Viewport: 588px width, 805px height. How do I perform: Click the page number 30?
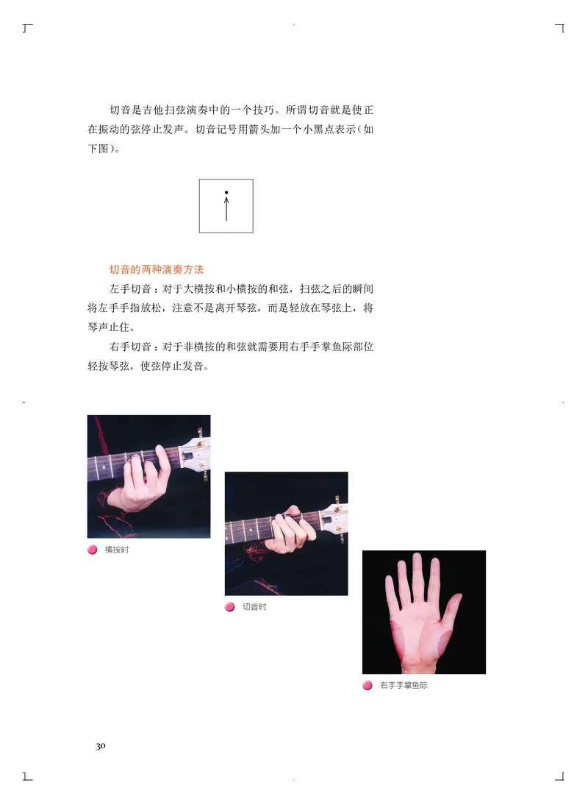click(x=101, y=746)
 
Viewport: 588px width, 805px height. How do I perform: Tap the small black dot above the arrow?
click(x=226, y=193)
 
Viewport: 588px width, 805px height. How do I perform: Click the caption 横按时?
click(x=116, y=550)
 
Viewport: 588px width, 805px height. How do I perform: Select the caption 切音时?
click(x=254, y=607)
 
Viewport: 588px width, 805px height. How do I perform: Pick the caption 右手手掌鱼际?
click(x=404, y=685)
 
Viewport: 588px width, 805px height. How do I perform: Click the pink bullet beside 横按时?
click(x=92, y=550)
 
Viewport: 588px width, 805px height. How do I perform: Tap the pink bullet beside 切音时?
click(x=229, y=607)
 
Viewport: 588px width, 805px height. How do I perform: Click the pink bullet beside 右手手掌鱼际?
click(x=367, y=685)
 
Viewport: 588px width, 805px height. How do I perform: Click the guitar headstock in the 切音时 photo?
click(x=334, y=516)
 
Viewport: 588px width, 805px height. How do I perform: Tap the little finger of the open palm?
click(x=389, y=592)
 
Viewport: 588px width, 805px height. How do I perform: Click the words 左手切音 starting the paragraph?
click(x=129, y=289)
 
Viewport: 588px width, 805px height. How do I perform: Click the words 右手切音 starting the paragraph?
click(x=129, y=346)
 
